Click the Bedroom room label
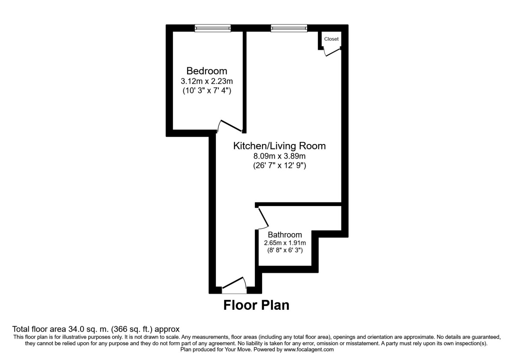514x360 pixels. pos(206,71)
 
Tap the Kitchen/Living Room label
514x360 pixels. pos(279,146)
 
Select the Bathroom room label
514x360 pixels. pos(284,235)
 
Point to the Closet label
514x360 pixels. pos(331,39)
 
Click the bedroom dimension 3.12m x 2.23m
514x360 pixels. pos(206,81)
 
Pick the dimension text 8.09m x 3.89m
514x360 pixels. pos(279,156)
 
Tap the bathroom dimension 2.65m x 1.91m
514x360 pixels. pos(284,243)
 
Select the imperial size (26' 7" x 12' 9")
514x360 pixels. pos(279,166)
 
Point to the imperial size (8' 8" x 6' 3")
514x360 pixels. pos(284,251)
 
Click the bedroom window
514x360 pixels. pos(212,28)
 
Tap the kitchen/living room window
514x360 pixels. pos(289,28)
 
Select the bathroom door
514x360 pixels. pos(263,218)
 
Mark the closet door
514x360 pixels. pos(332,52)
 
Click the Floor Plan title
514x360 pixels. pos(256,306)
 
